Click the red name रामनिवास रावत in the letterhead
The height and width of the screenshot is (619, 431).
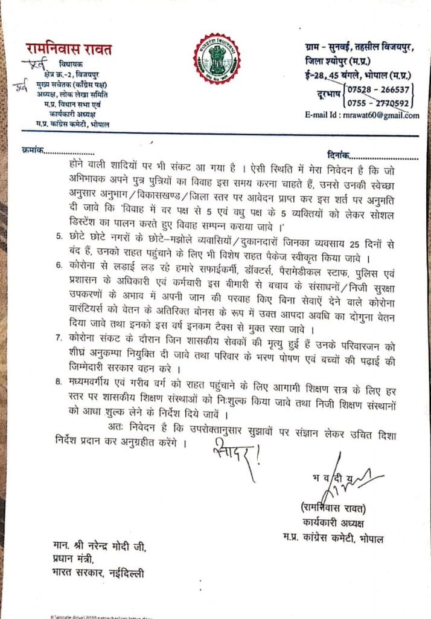68,49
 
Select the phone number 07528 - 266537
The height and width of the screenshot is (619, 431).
379,89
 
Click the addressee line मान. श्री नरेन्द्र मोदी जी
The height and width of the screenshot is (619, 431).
97,548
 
